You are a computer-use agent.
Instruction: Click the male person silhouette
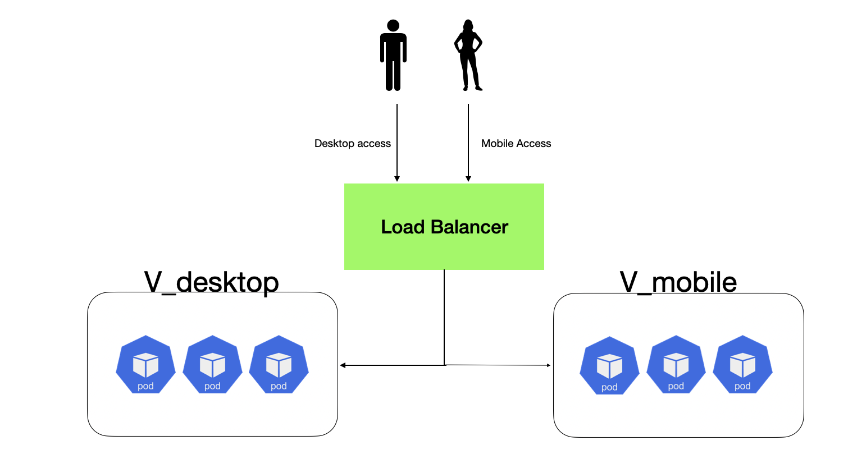[393, 56]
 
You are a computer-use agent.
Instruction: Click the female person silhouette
[468, 56]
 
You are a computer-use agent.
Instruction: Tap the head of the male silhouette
[393, 26]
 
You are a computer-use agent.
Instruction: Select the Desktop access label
[352, 144]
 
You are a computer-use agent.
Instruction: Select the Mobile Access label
[516, 144]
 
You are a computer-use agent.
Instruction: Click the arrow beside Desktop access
[397, 143]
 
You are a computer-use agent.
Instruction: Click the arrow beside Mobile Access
[468, 143]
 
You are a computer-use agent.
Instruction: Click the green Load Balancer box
[444, 247]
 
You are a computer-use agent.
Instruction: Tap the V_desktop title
[211, 282]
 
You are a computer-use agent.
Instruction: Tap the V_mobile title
[678, 282]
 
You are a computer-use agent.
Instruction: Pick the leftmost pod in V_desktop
[145, 365]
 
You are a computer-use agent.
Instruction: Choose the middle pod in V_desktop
[212, 365]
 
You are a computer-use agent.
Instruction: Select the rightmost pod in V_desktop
[279, 365]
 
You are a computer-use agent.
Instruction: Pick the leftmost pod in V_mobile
[609, 366]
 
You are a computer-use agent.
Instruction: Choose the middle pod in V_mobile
[676, 365]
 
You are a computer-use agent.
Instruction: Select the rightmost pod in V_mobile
[742, 365]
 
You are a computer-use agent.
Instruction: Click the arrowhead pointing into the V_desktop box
[343, 365]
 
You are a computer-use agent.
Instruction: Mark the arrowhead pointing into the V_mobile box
[548, 365]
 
